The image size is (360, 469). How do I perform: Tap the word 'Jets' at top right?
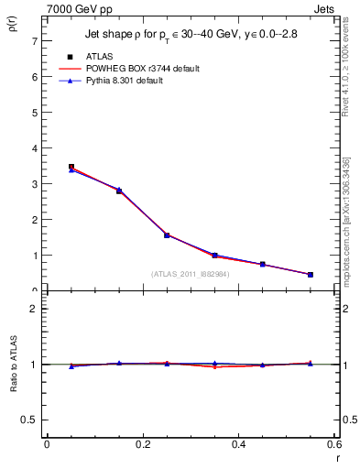[x=325, y=8]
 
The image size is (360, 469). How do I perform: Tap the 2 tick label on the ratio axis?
[x=32, y=309]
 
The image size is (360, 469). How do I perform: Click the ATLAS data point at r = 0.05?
[x=71, y=168]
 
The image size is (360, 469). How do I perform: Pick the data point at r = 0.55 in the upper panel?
[x=311, y=275]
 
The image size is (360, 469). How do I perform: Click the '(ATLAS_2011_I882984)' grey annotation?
[x=191, y=273]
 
